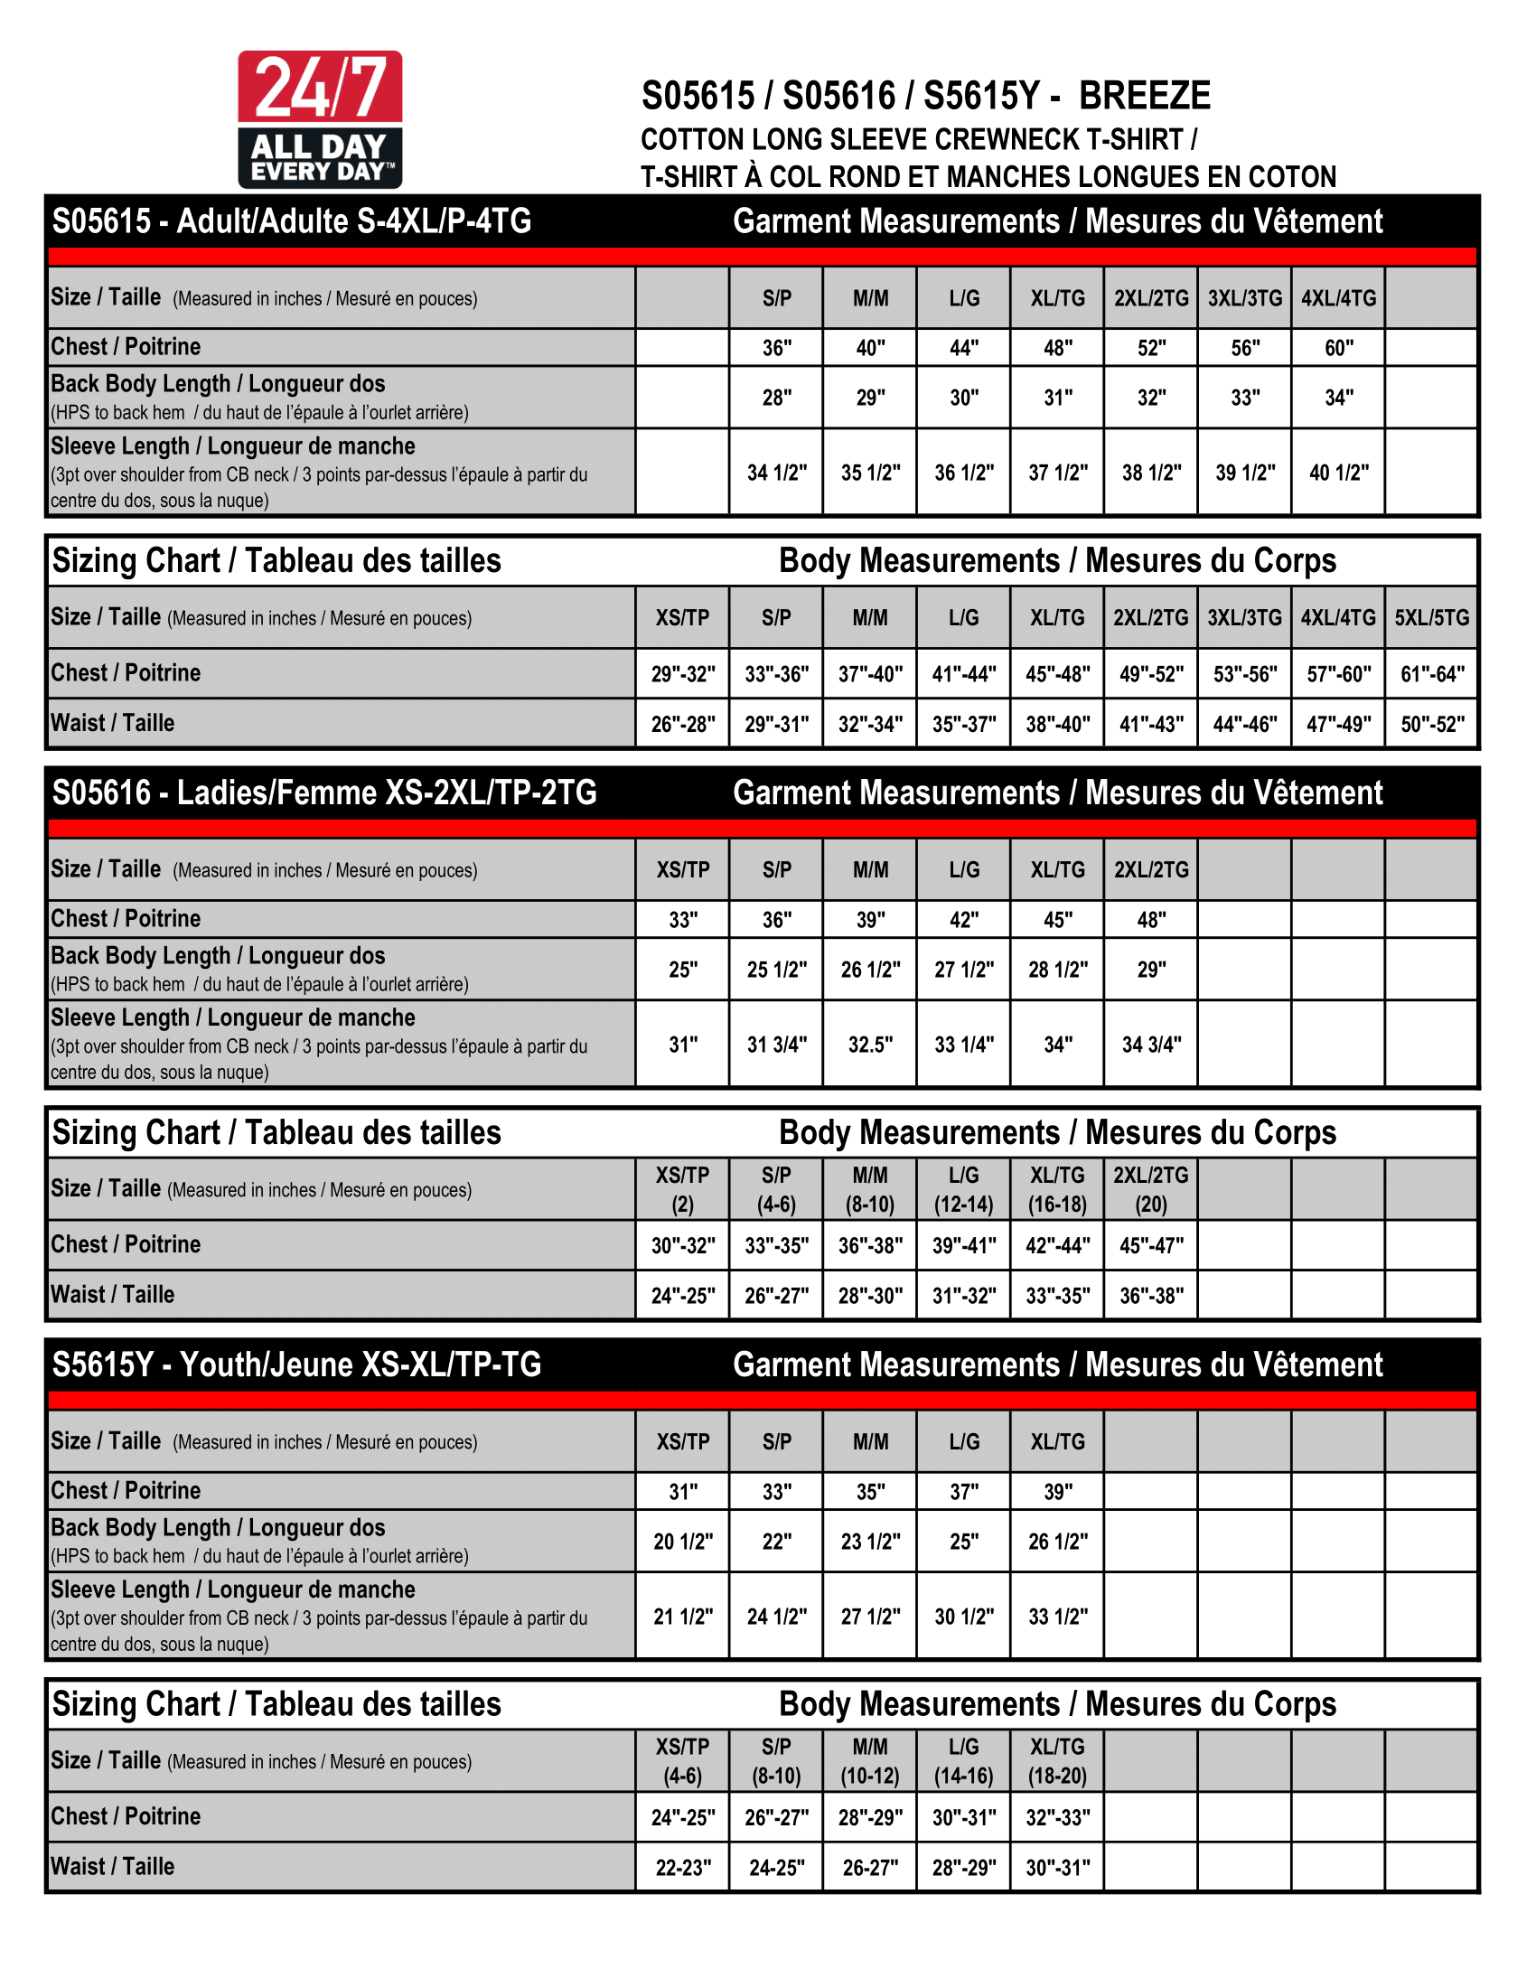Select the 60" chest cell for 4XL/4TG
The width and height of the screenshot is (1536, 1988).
tap(1337, 348)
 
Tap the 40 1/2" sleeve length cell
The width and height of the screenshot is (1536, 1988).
tap(1337, 473)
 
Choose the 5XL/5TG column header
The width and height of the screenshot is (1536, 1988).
tap(1431, 618)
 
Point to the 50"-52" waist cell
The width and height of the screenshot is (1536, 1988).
tap(1431, 725)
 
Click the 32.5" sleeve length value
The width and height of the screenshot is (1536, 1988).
tap(870, 1044)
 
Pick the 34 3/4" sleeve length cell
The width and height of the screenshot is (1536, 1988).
tap(1151, 1044)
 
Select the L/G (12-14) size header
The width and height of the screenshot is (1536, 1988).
tap(964, 1189)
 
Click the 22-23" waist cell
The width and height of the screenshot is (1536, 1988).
tap(682, 1868)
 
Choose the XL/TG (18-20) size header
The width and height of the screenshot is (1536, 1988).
tap(1057, 1760)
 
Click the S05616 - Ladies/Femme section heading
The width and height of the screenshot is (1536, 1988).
tap(324, 792)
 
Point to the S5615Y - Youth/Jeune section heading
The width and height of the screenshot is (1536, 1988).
tap(296, 1364)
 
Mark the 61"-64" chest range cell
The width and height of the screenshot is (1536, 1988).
tap(1431, 674)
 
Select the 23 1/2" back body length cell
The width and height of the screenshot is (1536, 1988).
tap(870, 1541)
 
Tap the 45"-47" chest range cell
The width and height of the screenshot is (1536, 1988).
tap(1151, 1245)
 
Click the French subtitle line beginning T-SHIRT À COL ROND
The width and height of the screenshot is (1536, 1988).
tap(988, 176)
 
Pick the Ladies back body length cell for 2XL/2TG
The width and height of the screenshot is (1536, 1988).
tap(1151, 970)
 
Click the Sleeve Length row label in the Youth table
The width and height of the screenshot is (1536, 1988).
tap(233, 1590)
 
